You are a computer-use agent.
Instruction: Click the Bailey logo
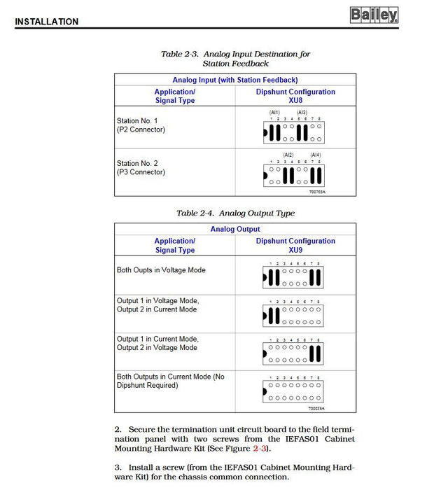[x=374, y=14]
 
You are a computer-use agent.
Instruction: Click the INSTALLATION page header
[x=46, y=22]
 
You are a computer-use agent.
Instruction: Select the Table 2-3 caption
[x=235, y=59]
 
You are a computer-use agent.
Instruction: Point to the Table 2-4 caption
[x=235, y=213]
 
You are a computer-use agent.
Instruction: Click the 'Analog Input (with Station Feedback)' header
[x=235, y=80]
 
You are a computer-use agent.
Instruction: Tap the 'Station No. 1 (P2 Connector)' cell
[x=141, y=125]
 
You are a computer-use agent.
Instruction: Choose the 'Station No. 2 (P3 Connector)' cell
[x=141, y=167]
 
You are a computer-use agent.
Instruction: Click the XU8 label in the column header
[x=295, y=101]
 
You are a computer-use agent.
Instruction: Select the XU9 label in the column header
[x=295, y=250]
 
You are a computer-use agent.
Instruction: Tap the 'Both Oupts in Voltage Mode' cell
[x=161, y=270]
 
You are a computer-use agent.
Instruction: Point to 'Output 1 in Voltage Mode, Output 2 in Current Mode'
[x=157, y=304]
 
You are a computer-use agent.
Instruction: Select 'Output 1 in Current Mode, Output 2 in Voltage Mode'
[x=157, y=343]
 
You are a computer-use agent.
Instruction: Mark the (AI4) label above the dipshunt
[x=316, y=155]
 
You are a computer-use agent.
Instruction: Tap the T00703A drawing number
[x=317, y=191]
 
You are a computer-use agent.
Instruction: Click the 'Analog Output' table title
[x=235, y=229]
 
